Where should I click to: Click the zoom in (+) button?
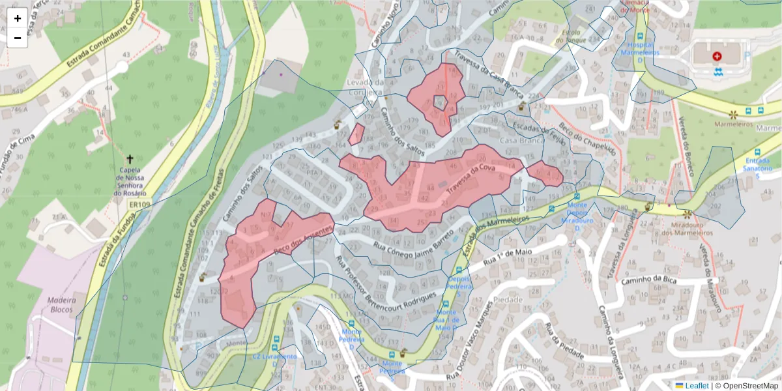(x=18, y=18)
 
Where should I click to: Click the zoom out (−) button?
(x=18, y=38)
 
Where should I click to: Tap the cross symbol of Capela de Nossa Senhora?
(x=130, y=159)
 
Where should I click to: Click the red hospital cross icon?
(x=717, y=57)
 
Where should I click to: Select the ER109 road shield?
(x=140, y=205)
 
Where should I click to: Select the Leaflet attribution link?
(x=696, y=386)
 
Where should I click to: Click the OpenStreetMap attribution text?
(x=749, y=386)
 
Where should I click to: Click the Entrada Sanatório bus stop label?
(x=757, y=165)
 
